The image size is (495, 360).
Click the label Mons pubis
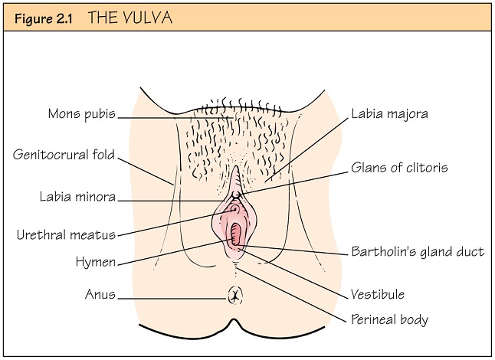click(81, 114)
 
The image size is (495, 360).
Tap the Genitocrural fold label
click(64, 155)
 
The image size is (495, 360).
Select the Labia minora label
click(77, 197)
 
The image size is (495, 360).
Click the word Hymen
click(96, 262)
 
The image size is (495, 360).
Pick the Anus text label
click(100, 294)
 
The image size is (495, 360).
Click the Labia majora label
click(388, 114)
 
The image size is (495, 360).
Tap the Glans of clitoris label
click(399, 168)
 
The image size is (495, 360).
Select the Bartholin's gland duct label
click(418, 252)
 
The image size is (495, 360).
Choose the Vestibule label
click(377, 294)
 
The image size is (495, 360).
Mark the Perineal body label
click(389, 319)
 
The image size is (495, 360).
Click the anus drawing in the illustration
click(236, 293)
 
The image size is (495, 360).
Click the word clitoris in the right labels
click(426, 168)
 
